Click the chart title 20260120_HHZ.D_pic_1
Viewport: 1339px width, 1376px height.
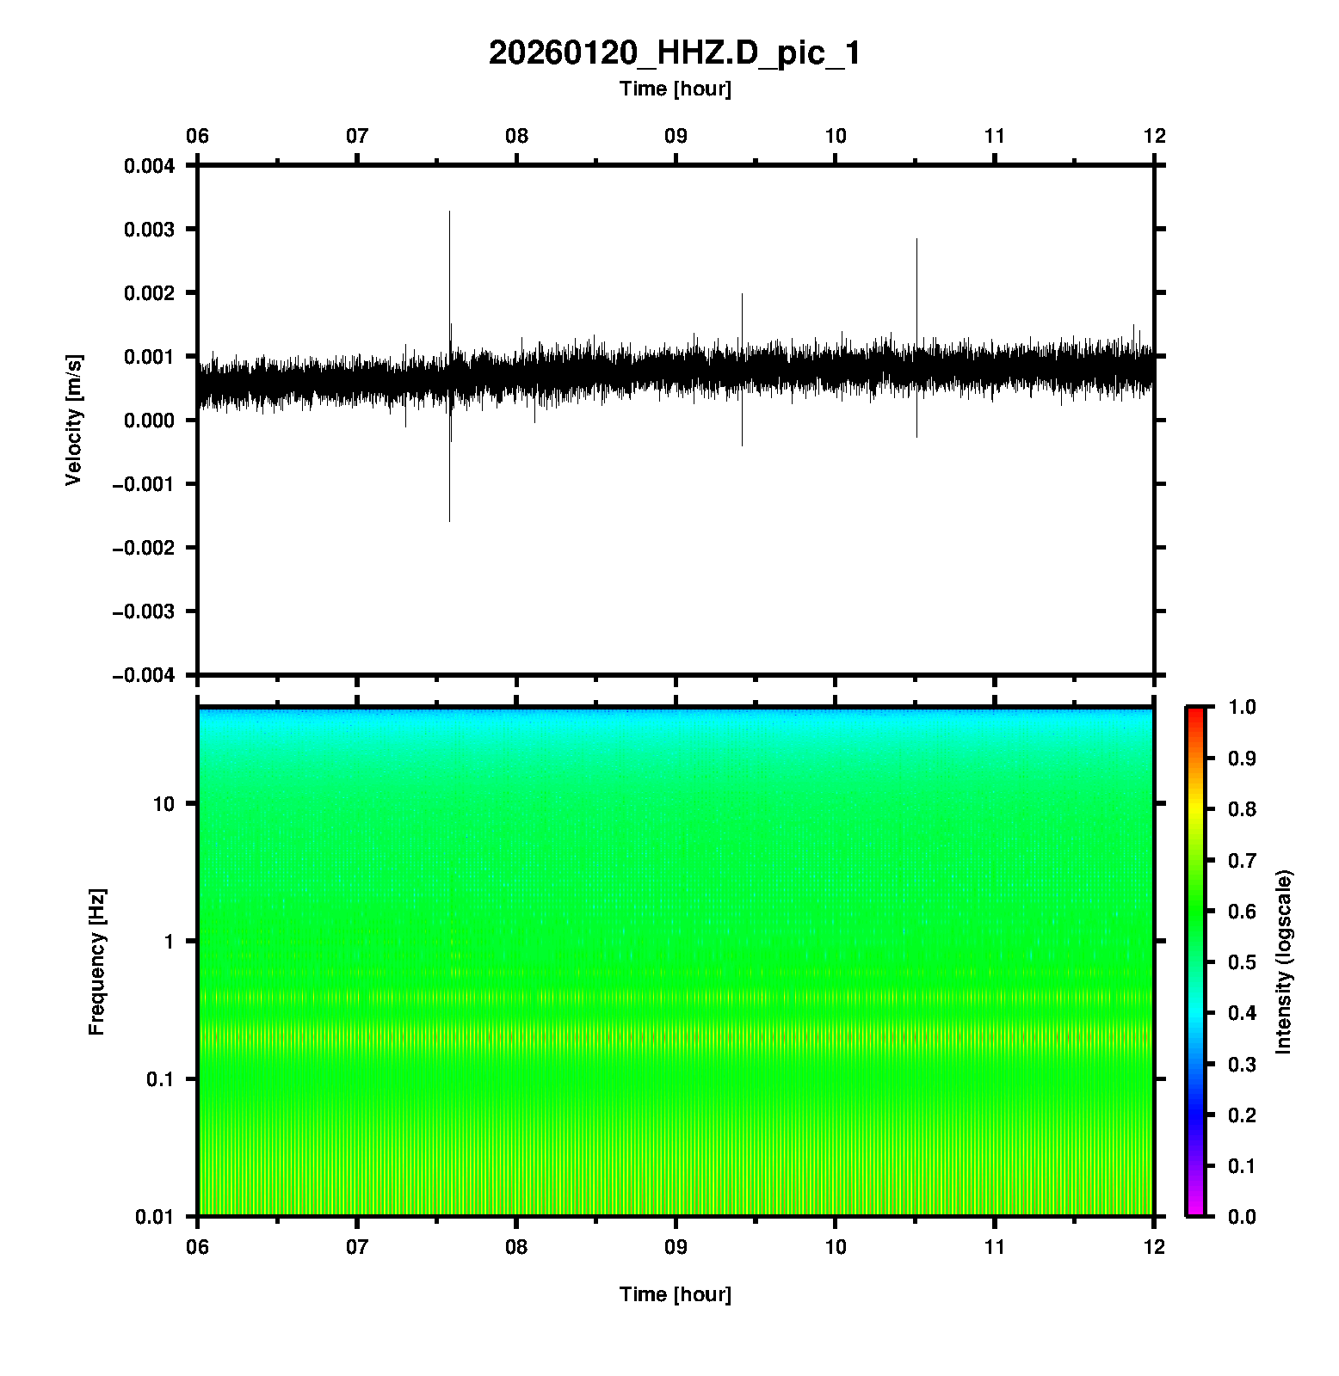(x=674, y=53)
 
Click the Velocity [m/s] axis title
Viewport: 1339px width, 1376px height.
(x=74, y=420)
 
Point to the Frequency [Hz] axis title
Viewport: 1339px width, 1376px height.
(x=96, y=962)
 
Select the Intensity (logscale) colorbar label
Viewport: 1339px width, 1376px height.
(x=1284, y=961)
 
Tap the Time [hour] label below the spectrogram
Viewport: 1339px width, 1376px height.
(x=675, y=1294)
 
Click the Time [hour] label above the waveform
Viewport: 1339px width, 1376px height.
(x=675, y=89)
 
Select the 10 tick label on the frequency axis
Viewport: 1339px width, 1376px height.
(x=164, y=804)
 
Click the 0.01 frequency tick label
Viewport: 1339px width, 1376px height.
(x=155, y=1217)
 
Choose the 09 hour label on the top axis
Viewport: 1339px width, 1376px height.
(x=676, y=136)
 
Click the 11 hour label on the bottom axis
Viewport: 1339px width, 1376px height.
(x=995, y=1246)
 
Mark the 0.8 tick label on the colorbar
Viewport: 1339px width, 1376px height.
(x=1243, y=809)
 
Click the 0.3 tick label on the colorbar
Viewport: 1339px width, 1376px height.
(x=1243, y=1065)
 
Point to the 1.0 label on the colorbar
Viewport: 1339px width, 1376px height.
(x=1243, y=707)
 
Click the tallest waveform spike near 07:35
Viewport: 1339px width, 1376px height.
(x=449, y=212)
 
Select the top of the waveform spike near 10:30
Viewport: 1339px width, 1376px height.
(x=916, y=239)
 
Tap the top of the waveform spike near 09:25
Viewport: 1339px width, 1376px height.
(x=742, y=294)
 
